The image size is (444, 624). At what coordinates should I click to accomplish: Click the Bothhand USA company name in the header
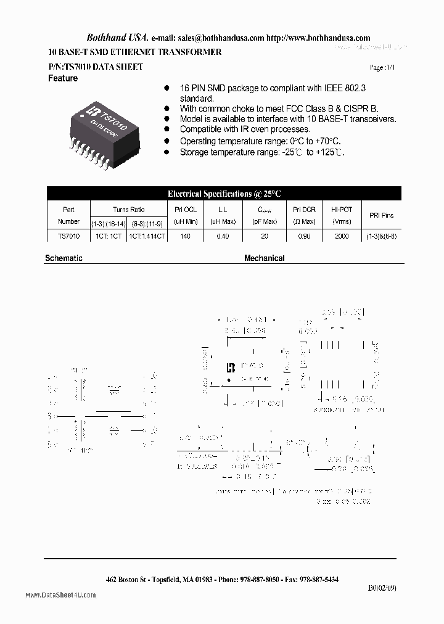coord(113,38)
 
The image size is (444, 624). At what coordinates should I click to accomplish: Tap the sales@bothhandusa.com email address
coord(221,38)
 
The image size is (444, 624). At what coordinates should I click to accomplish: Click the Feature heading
coord(63,79)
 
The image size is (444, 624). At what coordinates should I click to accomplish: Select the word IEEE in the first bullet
coord(334,88)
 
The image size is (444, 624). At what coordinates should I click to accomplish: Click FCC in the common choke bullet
coord(313,109)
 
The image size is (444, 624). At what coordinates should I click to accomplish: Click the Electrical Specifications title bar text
coord(224,194)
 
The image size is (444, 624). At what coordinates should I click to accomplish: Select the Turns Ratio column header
coord(128,210)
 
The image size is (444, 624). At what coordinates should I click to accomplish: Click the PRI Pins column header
coord(381,216)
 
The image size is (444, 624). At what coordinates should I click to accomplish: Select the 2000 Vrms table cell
coord(341,236)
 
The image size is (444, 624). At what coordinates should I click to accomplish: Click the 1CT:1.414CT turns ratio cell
coord(147,236)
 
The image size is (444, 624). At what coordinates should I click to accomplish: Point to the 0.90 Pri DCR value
coord(305,236)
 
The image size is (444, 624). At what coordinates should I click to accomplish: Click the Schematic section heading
coord(64,258)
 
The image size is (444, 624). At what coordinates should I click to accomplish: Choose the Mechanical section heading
coord(264,258)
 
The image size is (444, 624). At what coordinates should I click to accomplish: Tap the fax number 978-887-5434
coord(318,580)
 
